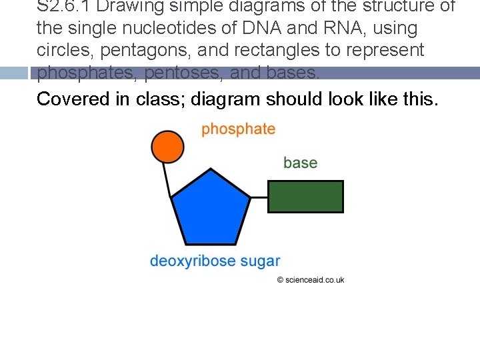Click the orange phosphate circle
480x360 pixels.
(x=167, y=146)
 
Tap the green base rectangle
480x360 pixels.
(x=305, y=197)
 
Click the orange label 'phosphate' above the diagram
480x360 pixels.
(x=238, y=129)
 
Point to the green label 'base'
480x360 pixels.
(x=300, y=163)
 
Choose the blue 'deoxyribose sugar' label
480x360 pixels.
(x=215, y=261)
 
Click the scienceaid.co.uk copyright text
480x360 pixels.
(x=311, y=280)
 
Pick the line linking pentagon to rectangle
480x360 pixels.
(x=259, y=197)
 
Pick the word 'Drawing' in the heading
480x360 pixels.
(x=129, y=7)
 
